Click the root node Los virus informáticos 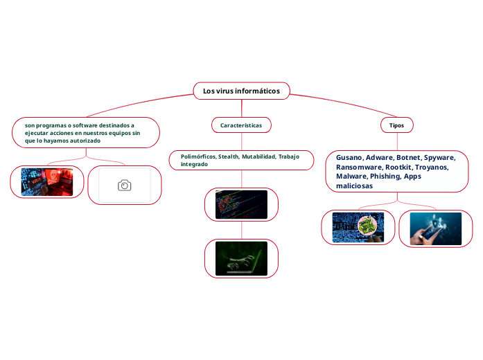click(x=241, y=91)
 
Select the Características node click(x=241, y=125)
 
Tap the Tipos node click(x=397, y=125)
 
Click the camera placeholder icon click(x=125, y=186)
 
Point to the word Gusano click(x=349, y=158)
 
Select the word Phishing click(x=385, y=177)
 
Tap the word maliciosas click(x=354, y=186)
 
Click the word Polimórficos click(x=198, y=157)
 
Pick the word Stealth click(x=229, y=157)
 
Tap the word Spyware click(x=439, y=158)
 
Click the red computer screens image click(x=47, y=182)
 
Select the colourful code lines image click(x=241, y=205)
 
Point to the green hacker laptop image click(x=241, y=258)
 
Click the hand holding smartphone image click(x=435, y=228)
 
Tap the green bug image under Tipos click(x=367, y=226)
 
